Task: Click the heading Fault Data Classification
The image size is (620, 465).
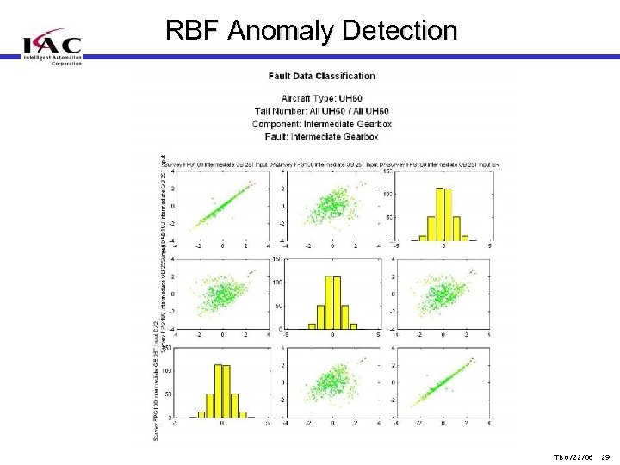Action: click(x=322, y=77)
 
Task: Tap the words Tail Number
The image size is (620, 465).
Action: click(x=278, y=111)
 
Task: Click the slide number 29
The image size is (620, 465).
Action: click(x=605, y=457)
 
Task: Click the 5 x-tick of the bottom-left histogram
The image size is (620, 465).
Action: click(x=269, y=424)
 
